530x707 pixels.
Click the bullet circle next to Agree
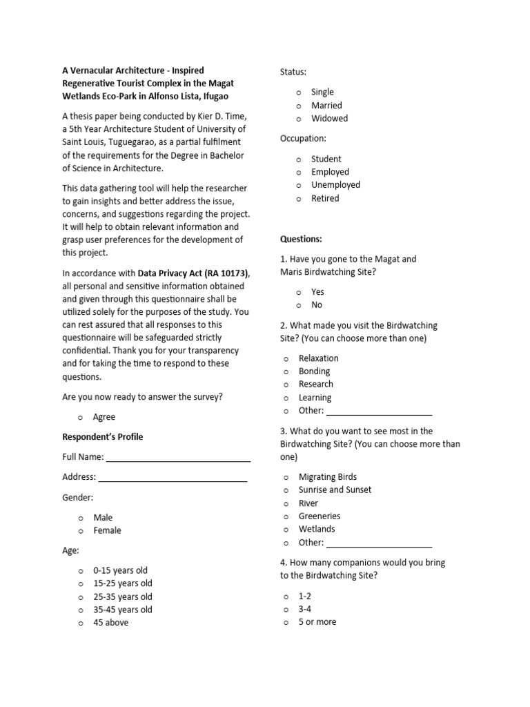[81, 418]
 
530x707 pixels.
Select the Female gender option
[107, 530]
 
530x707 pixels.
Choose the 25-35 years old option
[123, 597]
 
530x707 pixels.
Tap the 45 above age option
[110, 623]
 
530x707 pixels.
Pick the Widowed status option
[329, 118]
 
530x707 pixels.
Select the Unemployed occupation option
[335, 185]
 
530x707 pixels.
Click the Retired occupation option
[325, 198]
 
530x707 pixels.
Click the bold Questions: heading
[301, 239]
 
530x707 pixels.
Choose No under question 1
[316, 305]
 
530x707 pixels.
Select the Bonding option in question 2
[314, 371]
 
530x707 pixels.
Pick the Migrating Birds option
[327, 477]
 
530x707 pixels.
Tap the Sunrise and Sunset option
[335, 490]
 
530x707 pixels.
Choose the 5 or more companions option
[317, 622]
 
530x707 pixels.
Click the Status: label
[293, 72]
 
